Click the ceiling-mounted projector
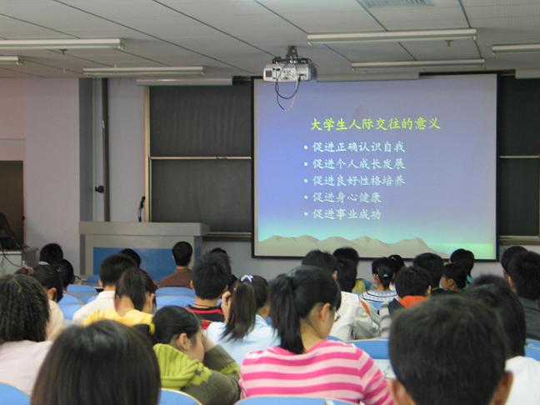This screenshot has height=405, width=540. pyautogui.click(x=290, y=71)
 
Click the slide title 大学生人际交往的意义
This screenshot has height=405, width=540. pyautogui.click(x=375, y=124)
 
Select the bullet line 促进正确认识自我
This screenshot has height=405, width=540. pyautogui.click(x=359, y=147)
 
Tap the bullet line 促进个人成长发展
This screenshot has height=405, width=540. pyautogui.click(x=359, y=164)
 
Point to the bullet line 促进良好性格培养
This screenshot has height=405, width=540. pyautogui.click(x=359, y=181)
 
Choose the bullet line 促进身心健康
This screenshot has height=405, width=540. pyautogui.click(x=347, y=197)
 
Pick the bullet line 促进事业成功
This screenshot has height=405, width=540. pyautogui.click(x=347, y=214)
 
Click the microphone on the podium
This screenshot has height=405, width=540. pyautogui.click(x=141, y=208)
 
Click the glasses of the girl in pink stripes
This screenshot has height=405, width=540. pyautogui.click(x=335, y=315)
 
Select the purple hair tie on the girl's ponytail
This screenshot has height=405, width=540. pyautogui.click(x=247, y=278)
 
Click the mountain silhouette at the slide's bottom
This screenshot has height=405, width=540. pyautogui.click(x=347, y=245)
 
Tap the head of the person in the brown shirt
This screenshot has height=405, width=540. pyautogui.click(x=182, y=254)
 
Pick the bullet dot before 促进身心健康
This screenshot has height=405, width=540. pyautogui.click(x=306, y=197)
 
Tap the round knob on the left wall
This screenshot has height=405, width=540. pyautogui.click(x=100, y=188)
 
